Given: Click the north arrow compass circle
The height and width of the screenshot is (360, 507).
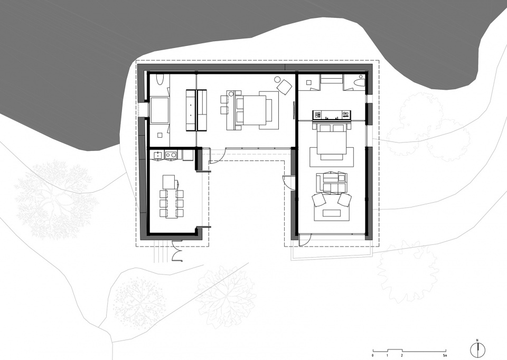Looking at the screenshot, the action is pos(477,349).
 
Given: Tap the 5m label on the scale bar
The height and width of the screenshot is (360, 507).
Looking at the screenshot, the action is pos(446,356).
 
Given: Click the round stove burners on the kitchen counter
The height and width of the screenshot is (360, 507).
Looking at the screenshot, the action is pos(171,155).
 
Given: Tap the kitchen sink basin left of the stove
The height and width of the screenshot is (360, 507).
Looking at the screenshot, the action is pos(158,155).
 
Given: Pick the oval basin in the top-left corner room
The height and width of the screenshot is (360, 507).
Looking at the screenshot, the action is pos(160,80).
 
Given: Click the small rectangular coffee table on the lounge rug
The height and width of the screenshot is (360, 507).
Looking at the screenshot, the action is pos(331,213).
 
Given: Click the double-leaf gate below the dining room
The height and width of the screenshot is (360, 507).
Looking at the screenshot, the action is pos(177,251).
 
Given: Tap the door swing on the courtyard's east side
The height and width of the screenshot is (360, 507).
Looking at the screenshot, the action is pos(287,182).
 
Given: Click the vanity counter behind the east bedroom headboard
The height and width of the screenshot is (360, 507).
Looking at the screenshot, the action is pos(332,115).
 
